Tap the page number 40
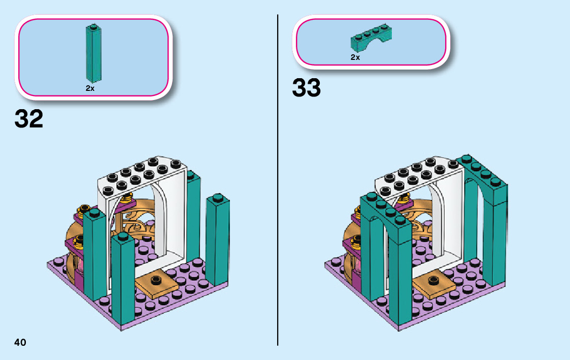pos(20,342)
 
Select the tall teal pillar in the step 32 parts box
pos(93,53)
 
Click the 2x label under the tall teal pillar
pos(90,88)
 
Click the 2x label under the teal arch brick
pos(355,57)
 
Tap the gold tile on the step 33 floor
pos(432,284)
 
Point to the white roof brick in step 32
pos(142,175)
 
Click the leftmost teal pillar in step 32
pos(95,259)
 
